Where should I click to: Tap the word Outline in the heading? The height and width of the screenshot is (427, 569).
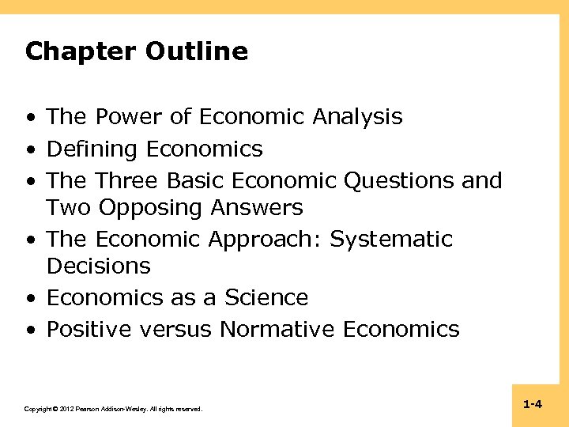point(197,52)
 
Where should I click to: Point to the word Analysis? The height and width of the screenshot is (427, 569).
point(357,117)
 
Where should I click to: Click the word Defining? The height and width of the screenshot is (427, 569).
point(93,149)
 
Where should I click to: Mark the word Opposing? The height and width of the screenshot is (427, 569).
point(150,208)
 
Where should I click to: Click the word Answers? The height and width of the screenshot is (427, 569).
point(257,208)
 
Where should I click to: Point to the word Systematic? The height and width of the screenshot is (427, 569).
point(392,240)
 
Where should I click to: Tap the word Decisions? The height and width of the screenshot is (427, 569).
point(99,266)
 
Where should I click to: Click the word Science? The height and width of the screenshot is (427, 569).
point(266,298)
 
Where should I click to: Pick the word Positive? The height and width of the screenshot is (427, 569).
point(89,329)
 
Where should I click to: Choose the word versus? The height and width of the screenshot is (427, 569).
point(176,329)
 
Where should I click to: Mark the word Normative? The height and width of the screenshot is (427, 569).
point(277,329)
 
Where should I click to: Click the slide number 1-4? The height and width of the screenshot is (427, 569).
point(533,405)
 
